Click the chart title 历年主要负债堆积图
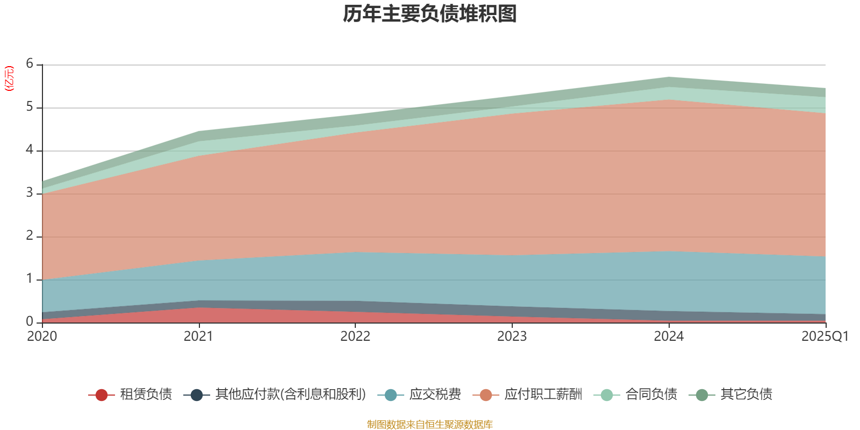(x=430, y=15)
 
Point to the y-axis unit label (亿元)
(x=9, y=78)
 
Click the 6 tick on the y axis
(x=30, y=64)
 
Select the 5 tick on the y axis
(x=30, y=107)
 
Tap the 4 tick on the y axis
(x=30, y=150)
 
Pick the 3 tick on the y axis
(x=30, y=193)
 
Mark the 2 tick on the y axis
(x=30, y=236)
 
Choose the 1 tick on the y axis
(x=30, y=279)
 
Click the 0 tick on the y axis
(x=30, y=322)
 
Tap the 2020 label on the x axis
(x=42, y=336)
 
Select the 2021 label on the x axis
(x=198, y=336)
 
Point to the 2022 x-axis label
(x=355, y=336)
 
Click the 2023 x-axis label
(x=512, y=336)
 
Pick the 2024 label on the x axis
(x=669, y=336)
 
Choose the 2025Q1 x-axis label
(x=825, y=336)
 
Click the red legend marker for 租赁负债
(x=101, y=395)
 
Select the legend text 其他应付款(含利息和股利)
(x=290, y=395)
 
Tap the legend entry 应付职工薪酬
(x=543, y=395)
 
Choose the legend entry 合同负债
(x=651, y=395)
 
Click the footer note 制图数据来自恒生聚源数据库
(x=430, y=425)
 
